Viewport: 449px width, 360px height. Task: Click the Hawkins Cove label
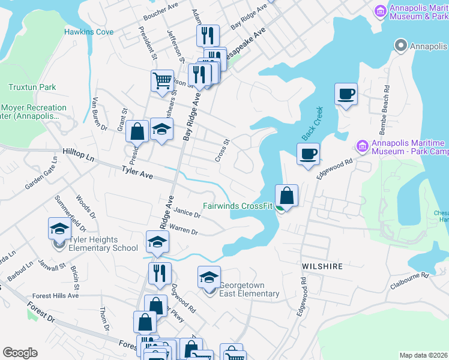click(x=89, y=31)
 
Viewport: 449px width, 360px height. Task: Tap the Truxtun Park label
click(x=32, y=87)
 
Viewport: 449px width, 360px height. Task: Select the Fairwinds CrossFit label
click(x=238, y=206)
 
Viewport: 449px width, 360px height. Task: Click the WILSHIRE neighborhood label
click(x=323, y=266)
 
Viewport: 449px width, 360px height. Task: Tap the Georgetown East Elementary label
click(x=249, y=290)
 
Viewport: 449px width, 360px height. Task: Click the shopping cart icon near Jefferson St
click(x=162, y=80)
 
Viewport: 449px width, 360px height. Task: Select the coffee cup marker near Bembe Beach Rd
click(x=346, y=95)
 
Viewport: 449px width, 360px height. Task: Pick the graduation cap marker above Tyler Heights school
click(x=60, y=229)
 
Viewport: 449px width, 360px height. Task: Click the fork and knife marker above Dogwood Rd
click(x=160, y=273)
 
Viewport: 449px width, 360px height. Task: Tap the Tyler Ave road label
click(x=137, y=173)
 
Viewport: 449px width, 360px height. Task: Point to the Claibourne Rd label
click(x=409, y=275)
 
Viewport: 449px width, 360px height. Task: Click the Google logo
click(x=20, y=353)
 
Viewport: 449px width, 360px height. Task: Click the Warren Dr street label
click(x=184, y=229)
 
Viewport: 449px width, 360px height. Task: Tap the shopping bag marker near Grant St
click(x=137, y=131)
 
